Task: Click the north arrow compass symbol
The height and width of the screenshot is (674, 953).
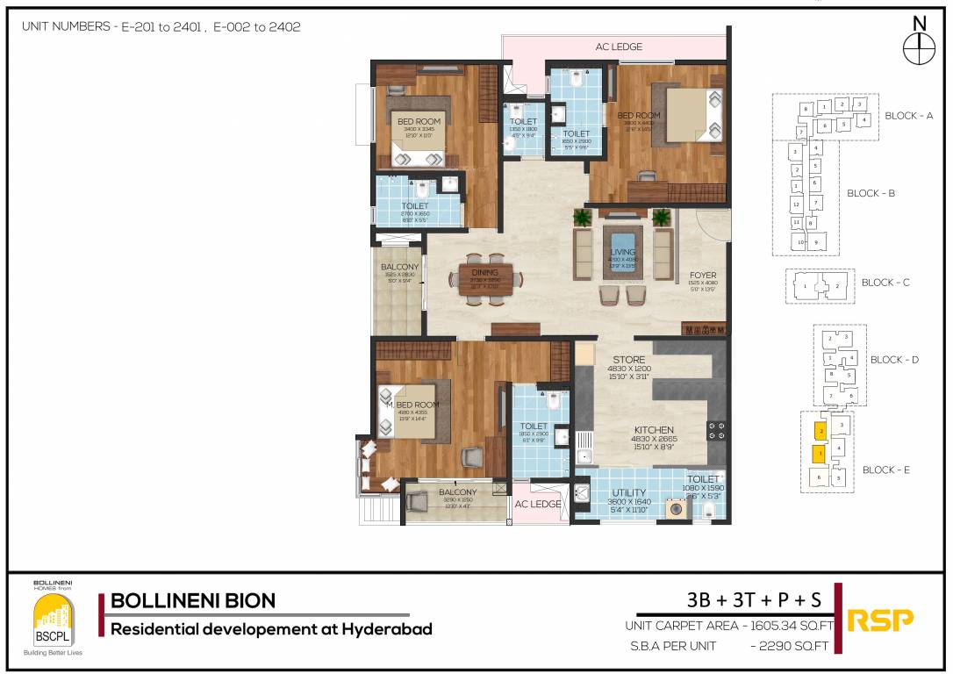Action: pos(919,48)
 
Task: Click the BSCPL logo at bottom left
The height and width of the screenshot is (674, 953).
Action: pos(53,618)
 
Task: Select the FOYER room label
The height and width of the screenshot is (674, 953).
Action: pos(703,275)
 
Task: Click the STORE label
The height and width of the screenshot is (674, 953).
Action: pos(628,360)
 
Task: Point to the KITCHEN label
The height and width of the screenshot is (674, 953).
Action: pos(655,430)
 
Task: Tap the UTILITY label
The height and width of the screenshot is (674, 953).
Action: pos(629,492)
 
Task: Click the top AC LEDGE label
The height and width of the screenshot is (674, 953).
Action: pos(620,47)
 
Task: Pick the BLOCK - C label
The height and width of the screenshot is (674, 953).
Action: pos(885,283)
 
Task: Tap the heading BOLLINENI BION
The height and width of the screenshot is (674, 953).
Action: pos(193,601)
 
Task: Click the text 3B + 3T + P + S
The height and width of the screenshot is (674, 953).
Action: pos(755,600)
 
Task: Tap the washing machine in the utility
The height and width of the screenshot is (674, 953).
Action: pos(677,508)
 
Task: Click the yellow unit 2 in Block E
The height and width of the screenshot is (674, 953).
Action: pos(819,431)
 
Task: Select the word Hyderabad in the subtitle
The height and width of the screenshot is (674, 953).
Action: pos(386,628)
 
